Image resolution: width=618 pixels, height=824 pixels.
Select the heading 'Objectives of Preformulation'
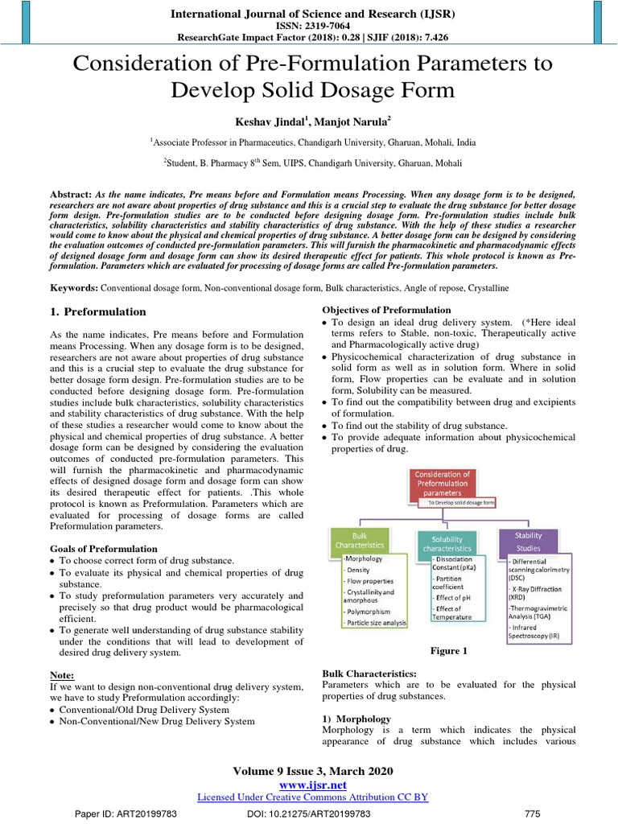tap(386, 311)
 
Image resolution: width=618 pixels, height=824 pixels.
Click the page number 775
tap(533, 814)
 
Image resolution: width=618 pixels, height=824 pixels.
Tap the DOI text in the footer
tap(308, 814)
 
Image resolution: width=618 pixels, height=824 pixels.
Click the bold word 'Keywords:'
tap(74, 287)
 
